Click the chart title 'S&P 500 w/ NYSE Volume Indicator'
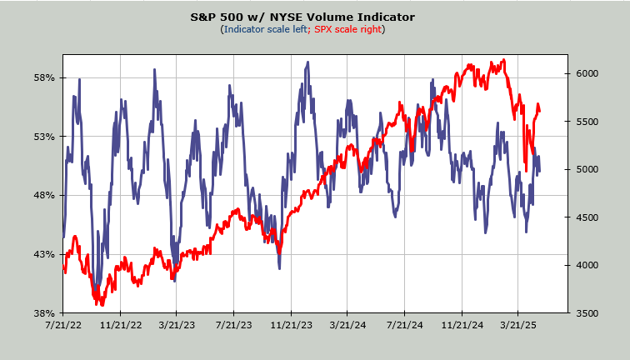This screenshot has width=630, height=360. coord(314,17)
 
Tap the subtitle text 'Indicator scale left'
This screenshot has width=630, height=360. coord(265,29)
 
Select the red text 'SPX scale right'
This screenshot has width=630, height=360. coord(347,29)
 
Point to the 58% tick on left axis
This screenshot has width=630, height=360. coord(44,77)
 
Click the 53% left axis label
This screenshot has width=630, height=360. coord(44,137)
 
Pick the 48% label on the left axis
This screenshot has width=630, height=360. coord(44,195)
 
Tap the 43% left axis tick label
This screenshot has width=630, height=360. coord(44,254)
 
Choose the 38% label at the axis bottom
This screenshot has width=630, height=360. coord(44,312)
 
